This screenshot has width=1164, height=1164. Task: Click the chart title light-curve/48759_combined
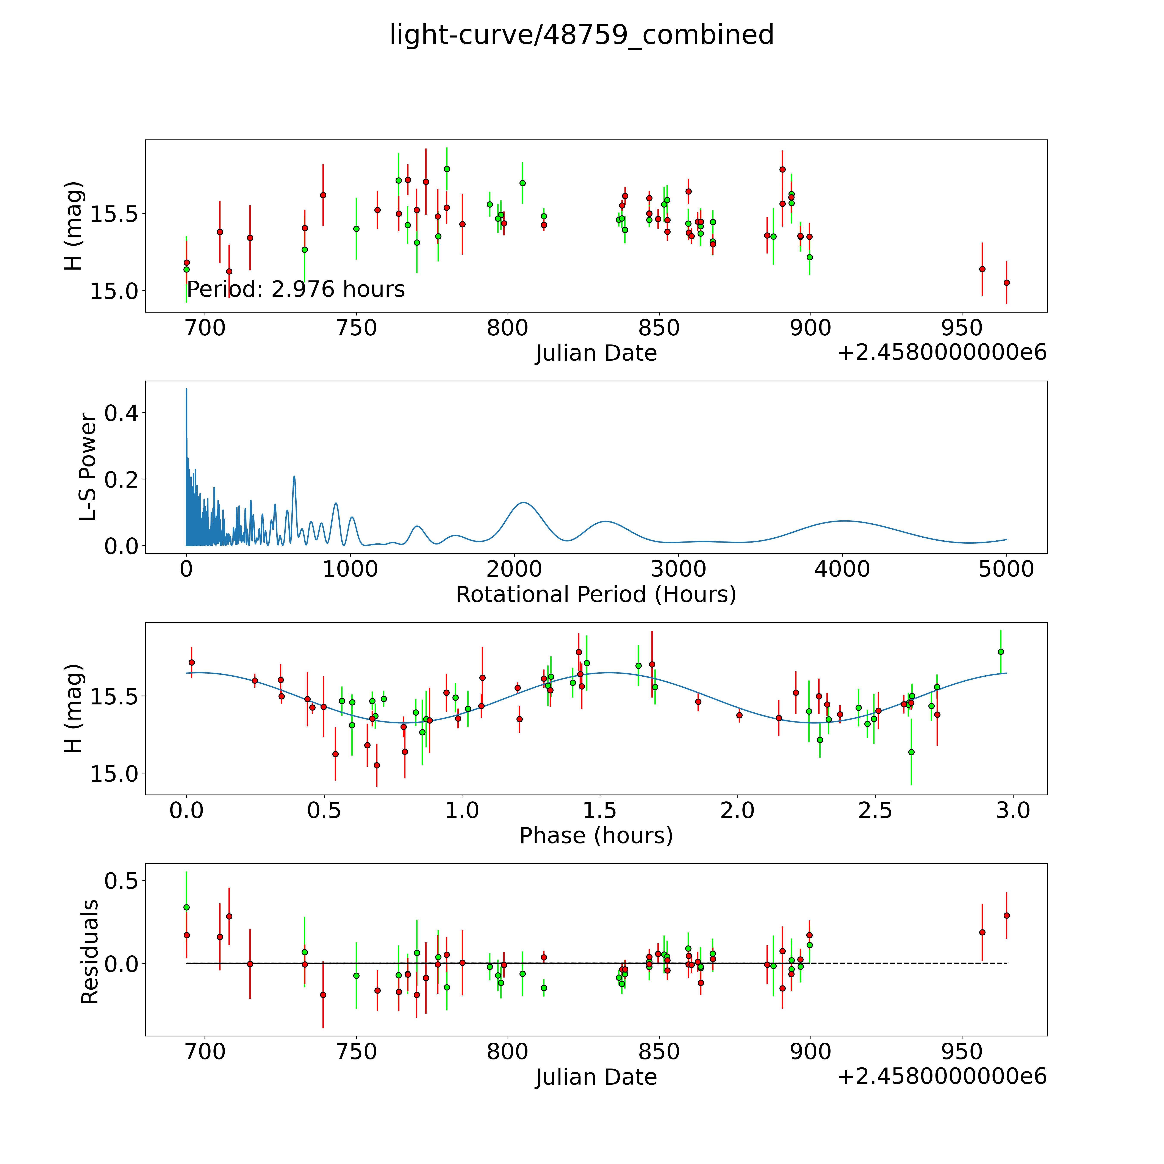pos(581,35)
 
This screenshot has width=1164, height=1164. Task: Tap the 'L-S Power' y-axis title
pos(89,467)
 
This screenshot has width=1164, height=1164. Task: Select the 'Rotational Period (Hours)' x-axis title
pos(596,595)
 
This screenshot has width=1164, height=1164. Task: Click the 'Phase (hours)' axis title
pos(596,836)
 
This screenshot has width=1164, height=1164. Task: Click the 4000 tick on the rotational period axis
pos(842,569)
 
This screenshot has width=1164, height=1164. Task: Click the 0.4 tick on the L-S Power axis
pos(121,413)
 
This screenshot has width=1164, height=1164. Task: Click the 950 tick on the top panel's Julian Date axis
pos(962,328)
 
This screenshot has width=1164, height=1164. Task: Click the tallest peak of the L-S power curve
pos(187,390)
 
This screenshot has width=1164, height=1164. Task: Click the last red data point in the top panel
pos(1006,283)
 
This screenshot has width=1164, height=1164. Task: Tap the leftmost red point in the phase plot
pos(192,662)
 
